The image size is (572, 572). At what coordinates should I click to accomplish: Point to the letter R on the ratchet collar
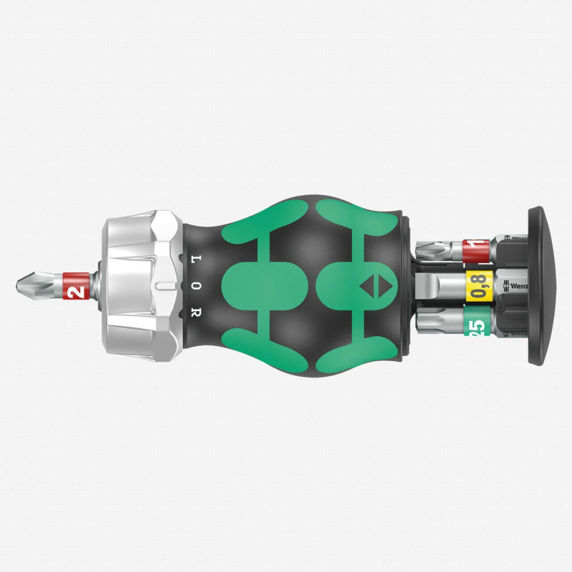tap(197, 312)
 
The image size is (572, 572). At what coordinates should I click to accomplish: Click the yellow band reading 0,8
tap(478, 285)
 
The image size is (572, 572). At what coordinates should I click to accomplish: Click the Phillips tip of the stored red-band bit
tap(428, 251)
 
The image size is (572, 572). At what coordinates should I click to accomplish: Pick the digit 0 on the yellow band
tap(478, 294)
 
